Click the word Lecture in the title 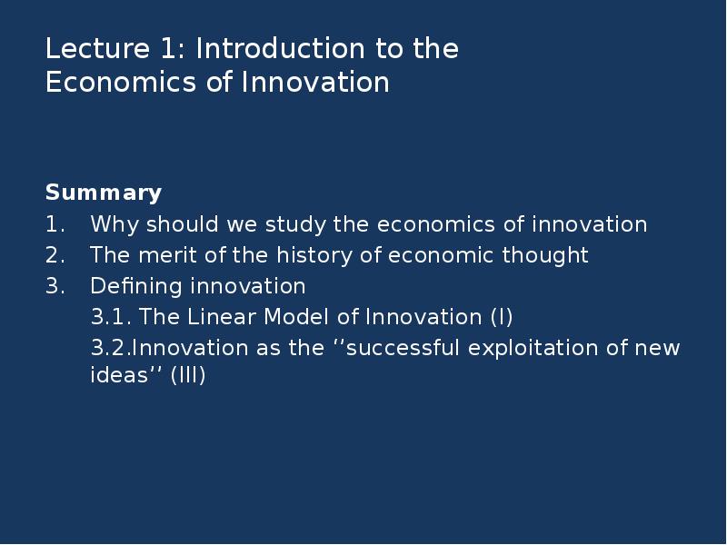98,48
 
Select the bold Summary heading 104,193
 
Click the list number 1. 55,224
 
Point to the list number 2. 55,255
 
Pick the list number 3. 55,286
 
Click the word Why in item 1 115,225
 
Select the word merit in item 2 167,255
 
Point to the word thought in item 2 545,256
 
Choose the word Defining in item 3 135,287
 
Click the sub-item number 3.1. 111,317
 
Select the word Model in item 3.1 296,317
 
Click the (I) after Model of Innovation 502,317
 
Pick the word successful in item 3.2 403,348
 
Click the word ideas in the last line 119,374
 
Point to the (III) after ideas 188,375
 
